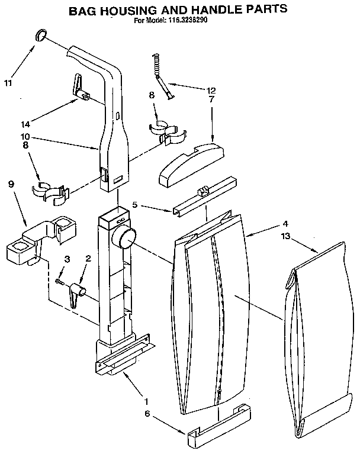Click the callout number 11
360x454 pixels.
(8, 83)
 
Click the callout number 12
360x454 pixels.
(211, 91)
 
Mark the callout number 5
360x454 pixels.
(136, 205)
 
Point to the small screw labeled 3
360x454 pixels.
(60, 281)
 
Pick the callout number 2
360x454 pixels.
(88, 259)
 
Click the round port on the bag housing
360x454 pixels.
(125, 239)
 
